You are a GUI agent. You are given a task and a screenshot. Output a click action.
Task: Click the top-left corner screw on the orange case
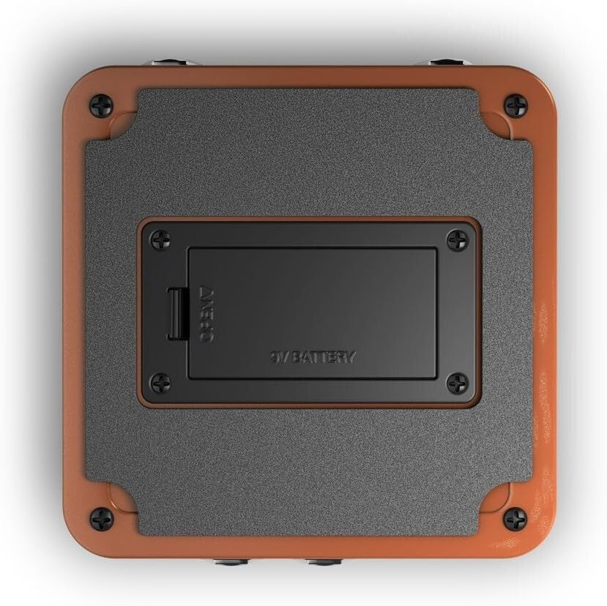click(x=100, y=105)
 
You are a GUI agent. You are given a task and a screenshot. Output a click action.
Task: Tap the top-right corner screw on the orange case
click(x=515, y=105)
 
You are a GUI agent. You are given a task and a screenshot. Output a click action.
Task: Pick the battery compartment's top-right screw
click(x=458, y=239)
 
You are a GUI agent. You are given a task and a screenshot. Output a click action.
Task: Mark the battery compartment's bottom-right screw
click(x=458, y=382)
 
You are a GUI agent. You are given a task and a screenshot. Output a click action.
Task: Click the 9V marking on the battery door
click(x=277, y=357)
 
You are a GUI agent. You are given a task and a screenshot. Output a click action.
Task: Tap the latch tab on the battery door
click(x=176, y=313)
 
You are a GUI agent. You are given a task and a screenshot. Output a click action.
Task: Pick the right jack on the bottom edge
click(x=322, y=562)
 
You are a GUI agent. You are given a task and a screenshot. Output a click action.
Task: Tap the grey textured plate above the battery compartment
click(x=308, y=154)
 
